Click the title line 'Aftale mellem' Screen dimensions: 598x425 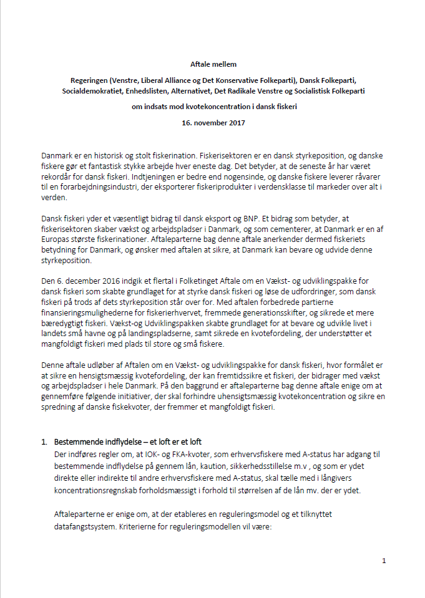click(x=213, y=64)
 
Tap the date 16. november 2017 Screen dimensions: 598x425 click(x=213, y=122)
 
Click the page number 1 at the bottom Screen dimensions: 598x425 click(x=384, y=561)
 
